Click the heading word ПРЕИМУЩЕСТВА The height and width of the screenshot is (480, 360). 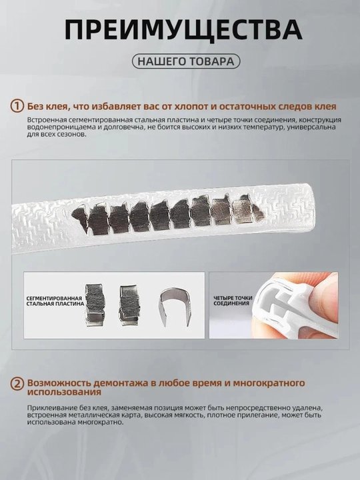pos(183,30)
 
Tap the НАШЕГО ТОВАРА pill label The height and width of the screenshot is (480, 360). pos(186,61)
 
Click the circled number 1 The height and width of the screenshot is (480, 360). pos(17,106)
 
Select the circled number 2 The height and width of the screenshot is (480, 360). pos(17,383)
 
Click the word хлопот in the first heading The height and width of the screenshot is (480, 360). pos(191,107)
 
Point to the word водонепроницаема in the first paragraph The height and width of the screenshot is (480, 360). pos(58,127)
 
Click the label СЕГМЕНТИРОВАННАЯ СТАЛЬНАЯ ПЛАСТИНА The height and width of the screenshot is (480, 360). pos(55,301)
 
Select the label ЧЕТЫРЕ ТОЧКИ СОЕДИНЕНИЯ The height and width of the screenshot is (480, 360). pos(233,301)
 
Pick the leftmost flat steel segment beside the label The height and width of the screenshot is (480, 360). pos(95,305)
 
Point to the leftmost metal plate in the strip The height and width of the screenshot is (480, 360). pos(79,215)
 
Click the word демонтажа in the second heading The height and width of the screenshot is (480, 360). pos(119,383)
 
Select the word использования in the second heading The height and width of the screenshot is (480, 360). pos(64,392)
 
